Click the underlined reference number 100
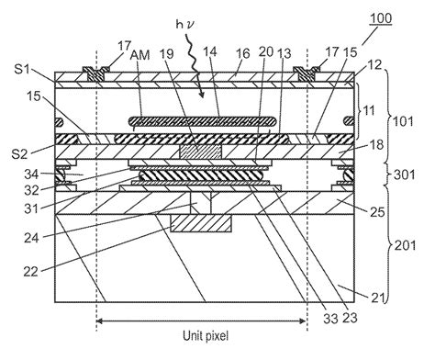click(381, 18)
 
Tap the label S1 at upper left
click(22, 69)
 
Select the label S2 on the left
click(19, 154)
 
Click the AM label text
click(140, 55)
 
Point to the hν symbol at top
click(185, 24)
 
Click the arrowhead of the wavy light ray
click(201, 95)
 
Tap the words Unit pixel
click(206, 336)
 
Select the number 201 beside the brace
click(405, 245)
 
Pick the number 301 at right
click(405, 174)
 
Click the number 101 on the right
click(403, 121)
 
